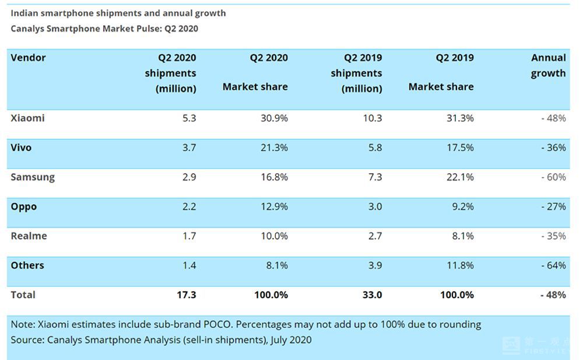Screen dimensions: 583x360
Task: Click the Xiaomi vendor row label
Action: [27, 118]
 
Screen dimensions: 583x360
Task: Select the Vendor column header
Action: [28, 58]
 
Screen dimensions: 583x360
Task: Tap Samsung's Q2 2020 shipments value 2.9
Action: [189, 177]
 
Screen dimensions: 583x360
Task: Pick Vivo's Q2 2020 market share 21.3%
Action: [274, 148]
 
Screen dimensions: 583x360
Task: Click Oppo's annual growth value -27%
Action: [553, 206]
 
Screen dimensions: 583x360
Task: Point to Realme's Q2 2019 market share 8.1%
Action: [463, 236]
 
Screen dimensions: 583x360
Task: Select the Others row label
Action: [27, 265]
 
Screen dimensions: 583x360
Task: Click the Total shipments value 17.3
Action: [187, 295]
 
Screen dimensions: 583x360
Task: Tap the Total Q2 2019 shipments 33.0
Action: [372, 295]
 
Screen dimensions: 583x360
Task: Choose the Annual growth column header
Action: [549, 65]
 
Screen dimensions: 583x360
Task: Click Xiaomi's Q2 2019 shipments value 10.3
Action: [373, 118]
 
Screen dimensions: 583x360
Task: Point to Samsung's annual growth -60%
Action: [553, 177]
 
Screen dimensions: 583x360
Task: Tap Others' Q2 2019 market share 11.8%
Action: [460, 265]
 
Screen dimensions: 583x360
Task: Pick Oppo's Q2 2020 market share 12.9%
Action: [274, 206]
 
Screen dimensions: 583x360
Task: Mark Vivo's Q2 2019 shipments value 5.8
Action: [375, 148]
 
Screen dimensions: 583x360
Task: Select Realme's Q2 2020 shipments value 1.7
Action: [189, 236]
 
